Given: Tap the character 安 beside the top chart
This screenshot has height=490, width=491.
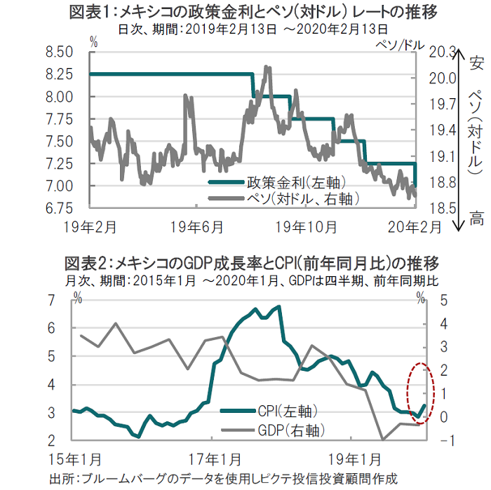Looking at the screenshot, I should click(477, 64).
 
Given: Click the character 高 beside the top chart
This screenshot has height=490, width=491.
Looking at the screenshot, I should click(477, 219).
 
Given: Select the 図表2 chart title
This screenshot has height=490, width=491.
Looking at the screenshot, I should click(251, 264).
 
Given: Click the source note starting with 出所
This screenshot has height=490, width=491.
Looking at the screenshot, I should click(223, 479).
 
